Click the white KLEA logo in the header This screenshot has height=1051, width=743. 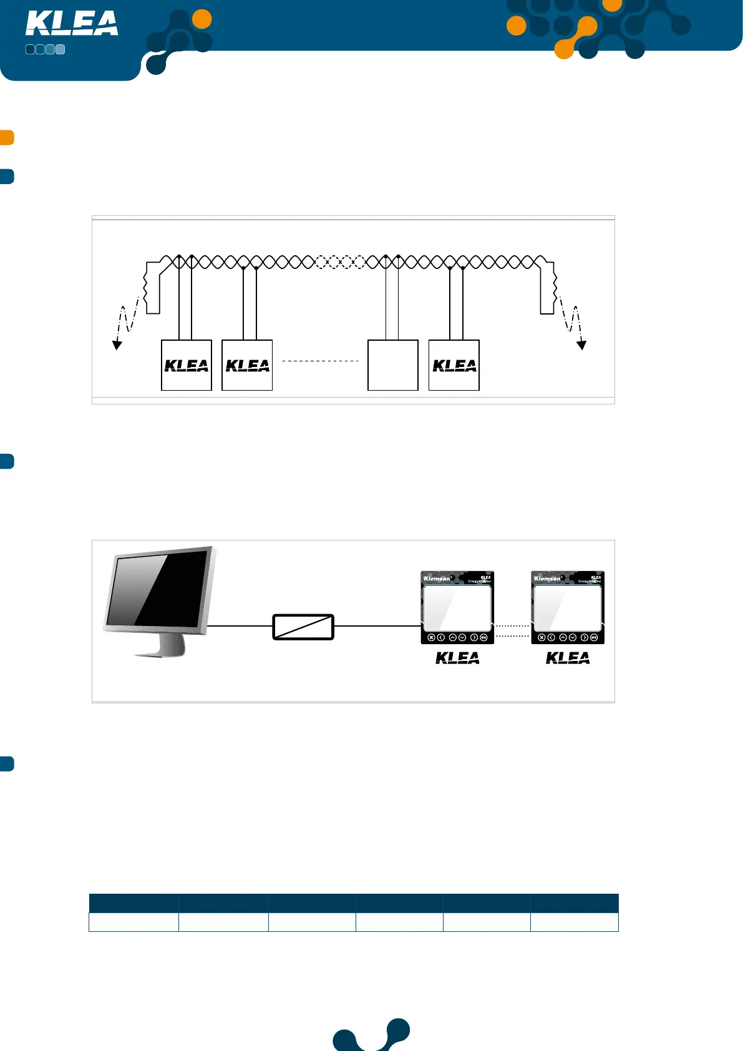(x=72, y=24)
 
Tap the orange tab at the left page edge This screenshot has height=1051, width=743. (x=7, y=137)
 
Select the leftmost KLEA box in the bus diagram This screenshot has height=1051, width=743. (x=187, y=365)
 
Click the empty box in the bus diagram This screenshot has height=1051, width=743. (x=392, y=365)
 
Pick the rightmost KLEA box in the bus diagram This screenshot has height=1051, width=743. (x=454, y=365)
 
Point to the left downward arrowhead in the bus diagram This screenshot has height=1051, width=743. (x=117, y=345)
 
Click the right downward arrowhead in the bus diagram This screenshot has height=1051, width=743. (x=581, y=345)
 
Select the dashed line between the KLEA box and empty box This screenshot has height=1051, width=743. (x=320, y=361)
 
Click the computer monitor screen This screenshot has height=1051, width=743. (x=157, y=588)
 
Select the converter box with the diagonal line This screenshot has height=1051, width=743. (x=303, y=627)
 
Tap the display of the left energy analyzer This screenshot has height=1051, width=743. (x=457, y=607)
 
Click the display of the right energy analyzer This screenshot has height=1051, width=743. (x=568, y=607)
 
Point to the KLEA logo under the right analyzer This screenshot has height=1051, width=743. (x=568, y=658)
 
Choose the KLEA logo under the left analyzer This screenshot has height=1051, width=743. (x=457, y=658)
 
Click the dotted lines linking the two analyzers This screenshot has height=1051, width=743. (x=512, y=630)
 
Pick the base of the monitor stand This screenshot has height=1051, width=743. (x=160, y=653)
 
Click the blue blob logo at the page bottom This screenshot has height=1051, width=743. (x=372, y=1036)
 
